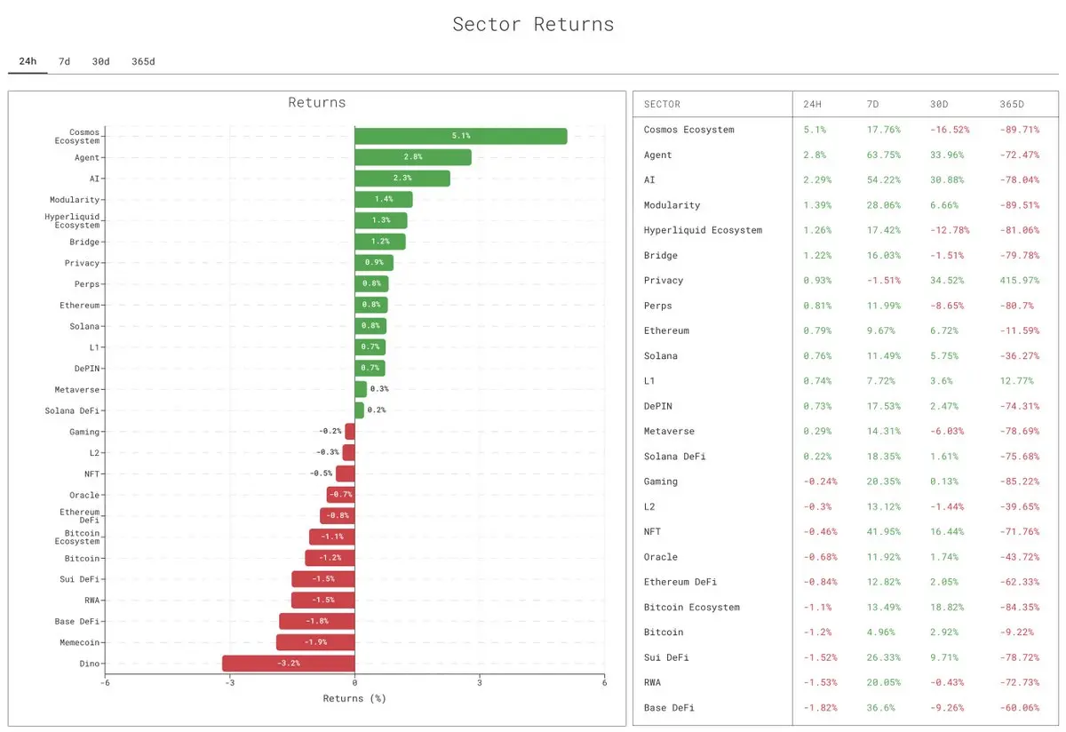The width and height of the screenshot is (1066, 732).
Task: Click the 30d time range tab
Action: point(100,61)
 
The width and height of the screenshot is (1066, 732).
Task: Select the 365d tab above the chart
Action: point(142,61)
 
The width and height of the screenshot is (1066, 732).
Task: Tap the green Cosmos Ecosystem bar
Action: point(460,136)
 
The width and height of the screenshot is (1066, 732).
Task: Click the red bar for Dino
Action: point(288,664)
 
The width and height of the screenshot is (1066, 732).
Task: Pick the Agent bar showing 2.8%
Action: point(412,157)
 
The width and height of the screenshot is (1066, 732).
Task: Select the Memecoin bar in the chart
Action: point(315,642)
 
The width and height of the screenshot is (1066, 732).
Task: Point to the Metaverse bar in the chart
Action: point(361,389)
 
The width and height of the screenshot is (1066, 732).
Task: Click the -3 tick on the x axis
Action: point(229,682)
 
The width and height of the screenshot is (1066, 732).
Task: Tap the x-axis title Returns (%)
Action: point(354,698)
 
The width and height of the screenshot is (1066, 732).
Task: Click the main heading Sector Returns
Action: point(533,24)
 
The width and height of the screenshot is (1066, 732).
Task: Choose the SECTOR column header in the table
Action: point(662,104)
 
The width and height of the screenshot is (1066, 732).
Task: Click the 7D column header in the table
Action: point(872,104)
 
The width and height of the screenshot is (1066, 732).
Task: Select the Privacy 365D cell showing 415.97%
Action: point(1019,281)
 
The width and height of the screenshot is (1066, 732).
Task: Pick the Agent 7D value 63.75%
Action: point(883,155)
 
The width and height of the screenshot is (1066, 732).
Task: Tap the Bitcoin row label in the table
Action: point(664,633)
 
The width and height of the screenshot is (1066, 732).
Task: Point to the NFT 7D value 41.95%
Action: point(883,532)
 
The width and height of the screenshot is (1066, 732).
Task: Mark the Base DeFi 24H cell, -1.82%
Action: point(817,708)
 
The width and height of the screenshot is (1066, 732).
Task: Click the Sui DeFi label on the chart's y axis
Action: point(80,579)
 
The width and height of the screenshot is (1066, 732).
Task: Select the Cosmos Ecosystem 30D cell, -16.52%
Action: point(950,130)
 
